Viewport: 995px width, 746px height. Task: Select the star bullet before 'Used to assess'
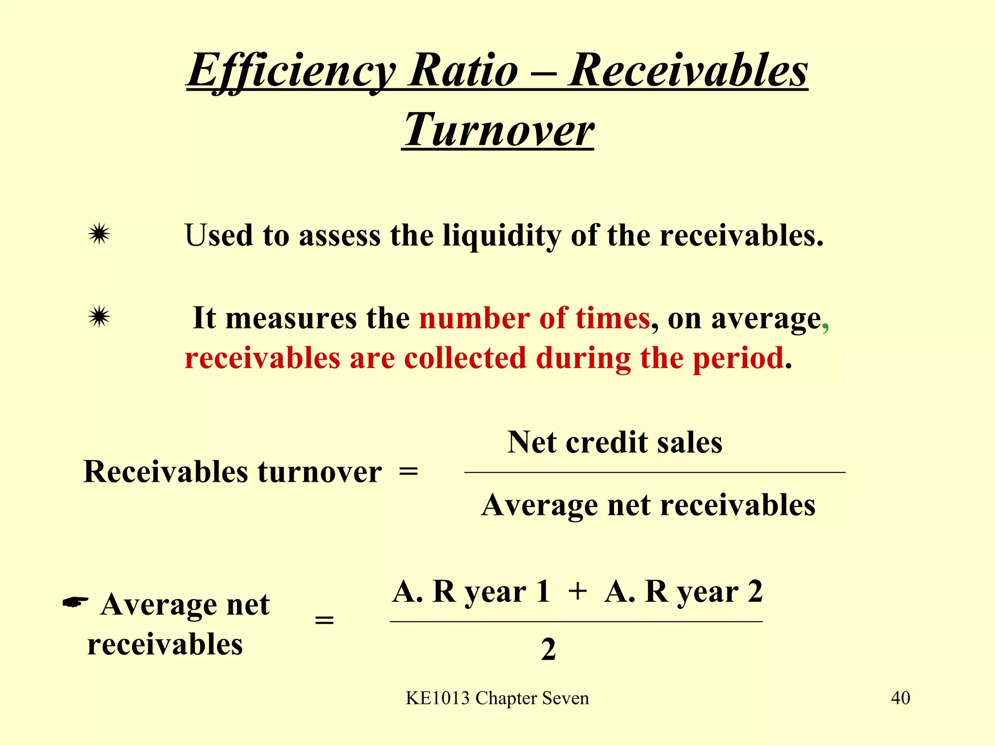pyautogui.click(x=99, y=235)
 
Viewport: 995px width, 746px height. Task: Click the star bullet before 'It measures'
pyautogui.click(x=99, y=318)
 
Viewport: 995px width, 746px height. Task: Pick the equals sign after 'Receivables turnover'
pyautogui.click(x=408, y=472)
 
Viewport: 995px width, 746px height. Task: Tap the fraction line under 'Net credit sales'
pyautogui.click(x=654, y=472)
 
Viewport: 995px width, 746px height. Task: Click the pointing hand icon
pyautogui.click(x=76, y=602)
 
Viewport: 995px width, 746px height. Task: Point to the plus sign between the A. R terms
pyautogui.click(x=577, y=592)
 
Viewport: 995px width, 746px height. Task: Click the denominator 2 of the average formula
pyautogui.click(x=549, y=649)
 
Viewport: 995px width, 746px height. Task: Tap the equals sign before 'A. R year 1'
pyautogui.click(x=325, y=621)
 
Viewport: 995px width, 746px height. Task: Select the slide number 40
pyautogui.click(x=900, y=698)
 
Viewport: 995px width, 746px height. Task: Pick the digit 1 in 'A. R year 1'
pyautogui.click(x=543, y=592)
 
